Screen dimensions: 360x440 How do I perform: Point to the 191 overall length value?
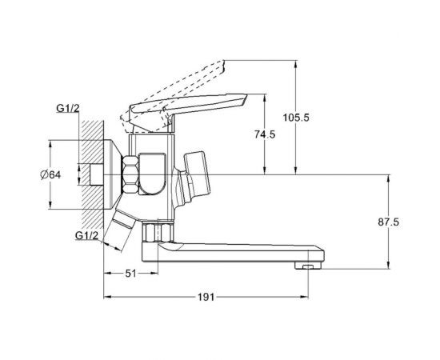coord(206,296)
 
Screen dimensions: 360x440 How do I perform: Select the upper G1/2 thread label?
coord(66,109)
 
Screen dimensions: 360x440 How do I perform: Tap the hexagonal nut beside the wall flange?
coord(130,174)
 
